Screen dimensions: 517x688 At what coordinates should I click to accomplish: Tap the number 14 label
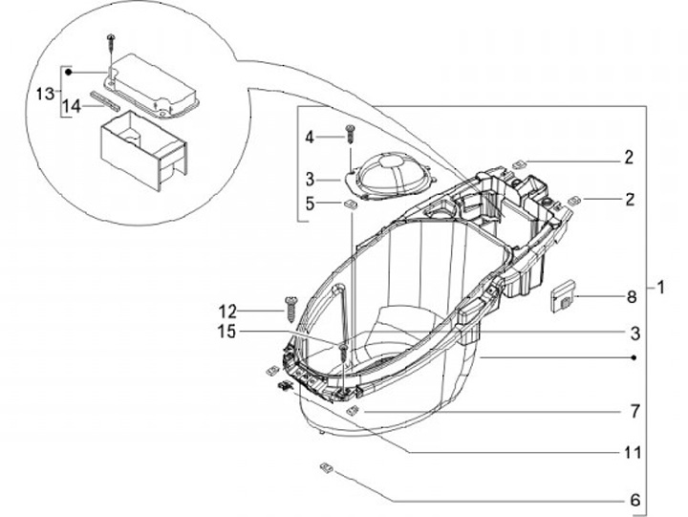click(73, 108)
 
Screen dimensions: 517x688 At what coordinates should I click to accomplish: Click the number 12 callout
click(226, 311)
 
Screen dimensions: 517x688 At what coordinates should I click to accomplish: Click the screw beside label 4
click(350, 136)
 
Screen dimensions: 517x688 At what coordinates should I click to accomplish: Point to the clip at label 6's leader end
click(325, 467)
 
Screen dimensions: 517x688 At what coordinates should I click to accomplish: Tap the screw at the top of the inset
click(113, 41)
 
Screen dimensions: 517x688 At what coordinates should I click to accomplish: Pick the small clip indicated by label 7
click(353, 410)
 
